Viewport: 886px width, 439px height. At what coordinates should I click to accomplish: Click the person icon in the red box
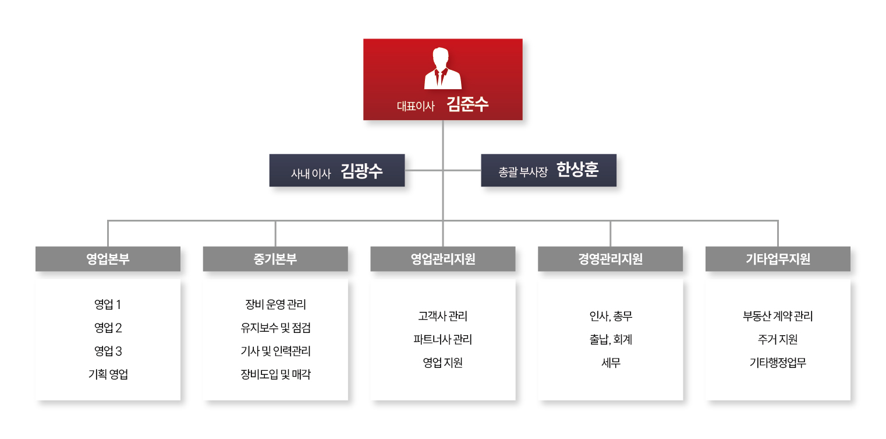click(x=442, y=69)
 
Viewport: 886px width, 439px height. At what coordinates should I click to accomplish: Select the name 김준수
click(x=467, y=105)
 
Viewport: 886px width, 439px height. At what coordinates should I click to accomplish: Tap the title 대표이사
click(x=416, y=107)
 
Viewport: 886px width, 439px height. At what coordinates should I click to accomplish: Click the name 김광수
click(x=362, y=171)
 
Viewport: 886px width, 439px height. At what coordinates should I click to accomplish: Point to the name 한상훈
click(x=577, y=170)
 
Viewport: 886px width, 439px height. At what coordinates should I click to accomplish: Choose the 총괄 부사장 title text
click(x=523, y=172)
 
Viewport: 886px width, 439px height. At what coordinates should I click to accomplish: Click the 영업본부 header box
click(x=108, y=259)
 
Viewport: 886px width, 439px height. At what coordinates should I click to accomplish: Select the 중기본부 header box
click(x=275, y=259)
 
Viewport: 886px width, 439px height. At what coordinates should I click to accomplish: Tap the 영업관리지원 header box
click(x=442, y=259)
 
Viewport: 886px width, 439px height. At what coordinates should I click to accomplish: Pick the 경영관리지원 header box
click(x=610, y=259)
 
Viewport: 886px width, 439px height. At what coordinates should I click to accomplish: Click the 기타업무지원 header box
click(x=778, y=259)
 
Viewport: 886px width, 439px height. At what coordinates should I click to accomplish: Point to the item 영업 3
click(x=108, y=351)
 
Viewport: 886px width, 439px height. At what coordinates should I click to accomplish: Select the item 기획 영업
click(x=108, y=374)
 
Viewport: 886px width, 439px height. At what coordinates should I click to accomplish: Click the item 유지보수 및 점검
click(x=275, y=328)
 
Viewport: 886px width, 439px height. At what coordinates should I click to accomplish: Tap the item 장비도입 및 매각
click(x=275, y=374)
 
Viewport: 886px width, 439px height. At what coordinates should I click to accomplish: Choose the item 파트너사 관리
click(x=442, y=339)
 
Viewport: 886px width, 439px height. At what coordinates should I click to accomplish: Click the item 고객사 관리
click(x=442, y=316)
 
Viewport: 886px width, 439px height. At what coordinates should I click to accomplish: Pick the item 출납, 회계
click(x=610, y=339)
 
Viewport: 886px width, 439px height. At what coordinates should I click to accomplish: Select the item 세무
click(x=610, y=363)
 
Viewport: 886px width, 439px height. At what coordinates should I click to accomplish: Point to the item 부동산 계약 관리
click(x=778, y=316)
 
